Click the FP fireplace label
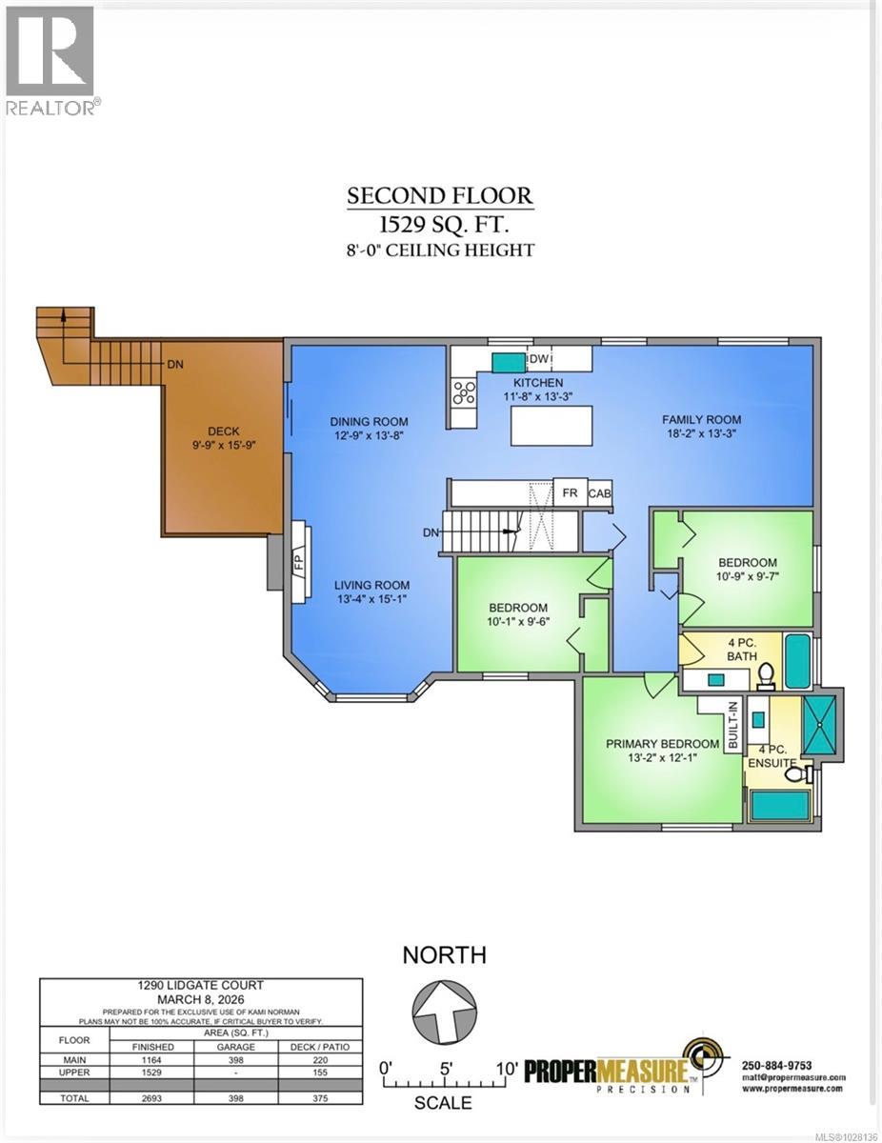pos(298,562)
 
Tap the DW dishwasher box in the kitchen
pos(538,359)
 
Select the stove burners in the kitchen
pos(464,391)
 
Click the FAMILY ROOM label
pos(704,419)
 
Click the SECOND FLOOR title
pos(440,196)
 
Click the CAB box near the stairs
pos(600,493)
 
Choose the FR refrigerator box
pos(571,493)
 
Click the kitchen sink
pos(508,361)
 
